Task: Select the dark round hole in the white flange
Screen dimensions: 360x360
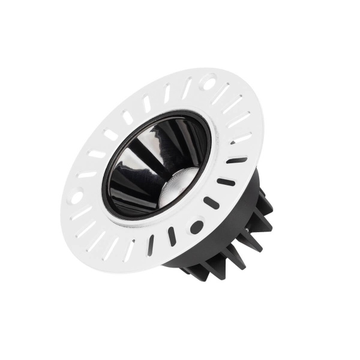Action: pos(196,227)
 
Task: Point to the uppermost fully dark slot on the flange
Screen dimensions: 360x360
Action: pos(236,160)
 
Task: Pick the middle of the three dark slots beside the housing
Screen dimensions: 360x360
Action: pos(226,182)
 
